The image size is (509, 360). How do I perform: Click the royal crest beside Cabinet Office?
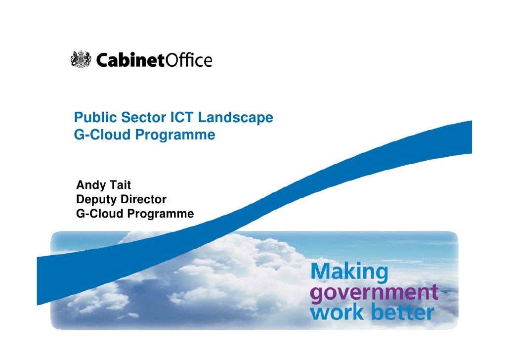click(80, 60)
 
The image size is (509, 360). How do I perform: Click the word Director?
click(143, 200)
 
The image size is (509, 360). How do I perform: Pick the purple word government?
click(374, 292)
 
